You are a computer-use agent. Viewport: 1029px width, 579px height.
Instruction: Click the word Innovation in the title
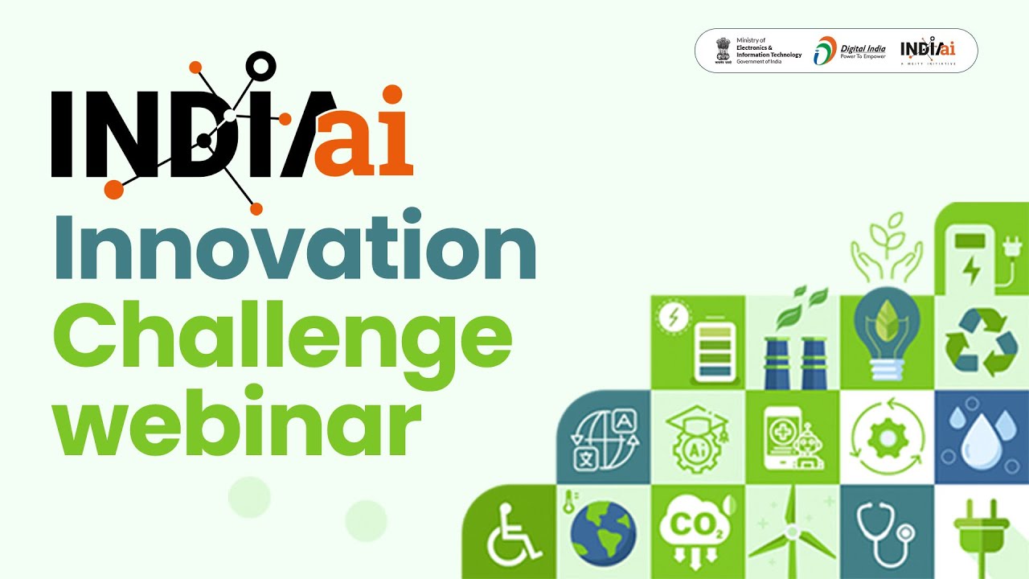[x=294, y=244]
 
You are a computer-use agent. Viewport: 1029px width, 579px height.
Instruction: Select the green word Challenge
[x=282, y=338]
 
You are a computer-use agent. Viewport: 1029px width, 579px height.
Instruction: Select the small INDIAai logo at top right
[x=928, y=51]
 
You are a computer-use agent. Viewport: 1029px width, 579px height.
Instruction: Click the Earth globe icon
[x=602, y=532]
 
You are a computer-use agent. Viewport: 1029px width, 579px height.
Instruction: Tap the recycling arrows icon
[x=981, y=343]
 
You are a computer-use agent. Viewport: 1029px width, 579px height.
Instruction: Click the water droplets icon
[x=981, y=437]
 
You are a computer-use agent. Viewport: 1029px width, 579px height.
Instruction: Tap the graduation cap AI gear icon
[x=696, y=437]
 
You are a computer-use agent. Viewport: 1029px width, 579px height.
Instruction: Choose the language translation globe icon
[x=602, y=437]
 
